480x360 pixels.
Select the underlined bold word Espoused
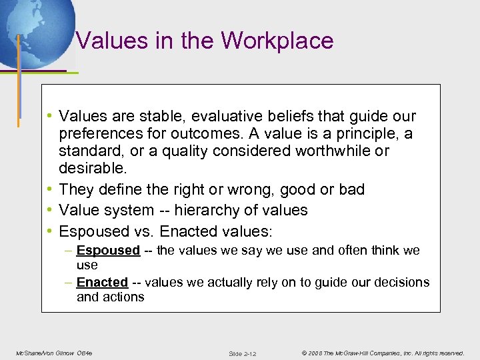tap(108, 251)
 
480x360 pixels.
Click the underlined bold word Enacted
tap(102, 282)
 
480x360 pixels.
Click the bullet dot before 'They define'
tap(50, 189)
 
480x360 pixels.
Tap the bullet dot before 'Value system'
tap(50, 210)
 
